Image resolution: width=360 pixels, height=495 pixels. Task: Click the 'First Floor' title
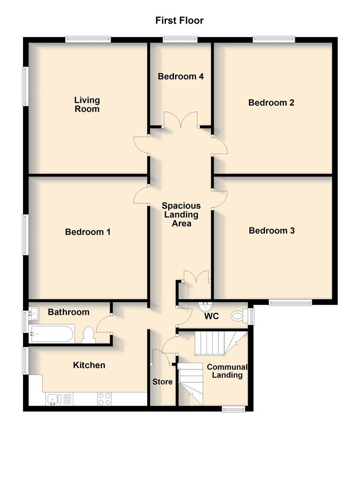pos(179,20)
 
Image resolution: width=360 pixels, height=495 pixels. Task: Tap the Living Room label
pos(87,104)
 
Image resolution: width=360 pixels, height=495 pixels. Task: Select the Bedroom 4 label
pos(181,76)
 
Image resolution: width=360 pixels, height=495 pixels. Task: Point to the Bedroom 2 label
pos(271,102)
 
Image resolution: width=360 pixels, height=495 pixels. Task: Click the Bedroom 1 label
pos(88,232)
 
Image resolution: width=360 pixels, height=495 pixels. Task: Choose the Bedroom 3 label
pos(271,231)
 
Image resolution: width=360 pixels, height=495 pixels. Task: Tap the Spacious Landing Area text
pos(181,214)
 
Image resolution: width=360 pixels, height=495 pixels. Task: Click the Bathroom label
pos(69,312)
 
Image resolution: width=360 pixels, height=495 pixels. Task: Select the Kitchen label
pos(89,365)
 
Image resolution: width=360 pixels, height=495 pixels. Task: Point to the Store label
pos(162,382)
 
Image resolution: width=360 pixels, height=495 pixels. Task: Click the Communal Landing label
pos(227,371)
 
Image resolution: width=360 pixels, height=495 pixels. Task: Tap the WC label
pos(212,317)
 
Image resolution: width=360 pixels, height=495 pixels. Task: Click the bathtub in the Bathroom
pos(51,334)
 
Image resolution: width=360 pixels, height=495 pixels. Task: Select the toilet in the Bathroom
pos(89,335)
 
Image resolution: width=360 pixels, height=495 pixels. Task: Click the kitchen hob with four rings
pos(104,399)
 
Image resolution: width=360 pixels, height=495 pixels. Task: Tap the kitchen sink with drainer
pos(59,399)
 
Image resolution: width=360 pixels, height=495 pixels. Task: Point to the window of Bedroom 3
pos(290,302)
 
